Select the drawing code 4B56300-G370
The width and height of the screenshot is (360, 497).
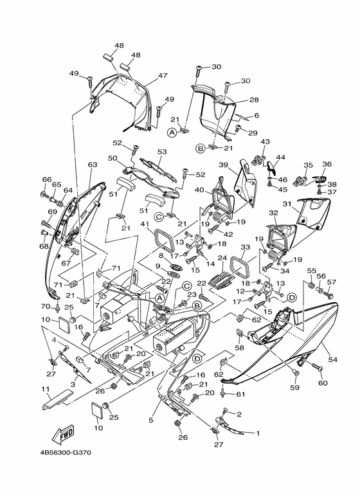(x=66, y=462)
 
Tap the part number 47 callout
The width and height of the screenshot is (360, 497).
(x=163, y=76)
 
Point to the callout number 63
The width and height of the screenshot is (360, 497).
(x=93, y=165)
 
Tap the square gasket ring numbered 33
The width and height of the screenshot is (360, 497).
(x=238, y=266)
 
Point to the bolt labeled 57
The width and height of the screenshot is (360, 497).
(x=330, y=294)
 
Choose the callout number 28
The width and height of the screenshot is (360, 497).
(x=254, y=100)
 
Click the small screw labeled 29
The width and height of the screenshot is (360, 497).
(x=239, y=129)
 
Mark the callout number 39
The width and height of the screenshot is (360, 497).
(x=224, y=165)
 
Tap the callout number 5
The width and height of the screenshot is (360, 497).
(x=151, y=420)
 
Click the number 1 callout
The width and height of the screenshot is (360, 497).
(x=258, y=433)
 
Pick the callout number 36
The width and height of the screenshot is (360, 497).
(x=327, y=164)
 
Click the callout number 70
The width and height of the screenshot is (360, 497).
(x=46, y=307)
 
